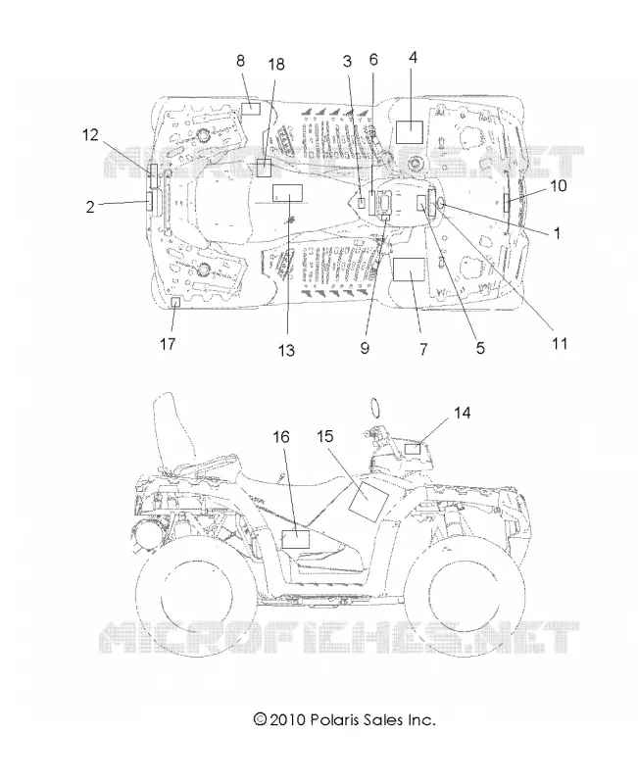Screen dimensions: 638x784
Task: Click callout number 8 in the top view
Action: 240,61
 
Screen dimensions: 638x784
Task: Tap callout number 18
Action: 276,65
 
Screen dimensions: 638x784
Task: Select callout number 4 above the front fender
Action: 413,58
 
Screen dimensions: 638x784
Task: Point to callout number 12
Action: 90,135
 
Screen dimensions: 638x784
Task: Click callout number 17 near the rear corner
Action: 168,344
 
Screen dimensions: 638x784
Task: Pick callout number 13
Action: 286,351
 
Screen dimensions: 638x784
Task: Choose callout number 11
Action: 560,344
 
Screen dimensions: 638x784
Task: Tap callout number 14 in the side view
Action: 462,413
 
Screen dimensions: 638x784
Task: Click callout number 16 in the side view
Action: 281,437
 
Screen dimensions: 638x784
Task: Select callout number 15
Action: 325,436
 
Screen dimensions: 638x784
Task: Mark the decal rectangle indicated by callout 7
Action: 409,269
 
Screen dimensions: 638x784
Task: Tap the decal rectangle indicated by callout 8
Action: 251,109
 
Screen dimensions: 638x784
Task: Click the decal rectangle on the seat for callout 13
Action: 287,192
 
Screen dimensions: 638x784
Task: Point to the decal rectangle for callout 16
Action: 296,540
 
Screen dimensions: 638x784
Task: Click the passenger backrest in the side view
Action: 171,430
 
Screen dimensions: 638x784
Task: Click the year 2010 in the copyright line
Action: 287,720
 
